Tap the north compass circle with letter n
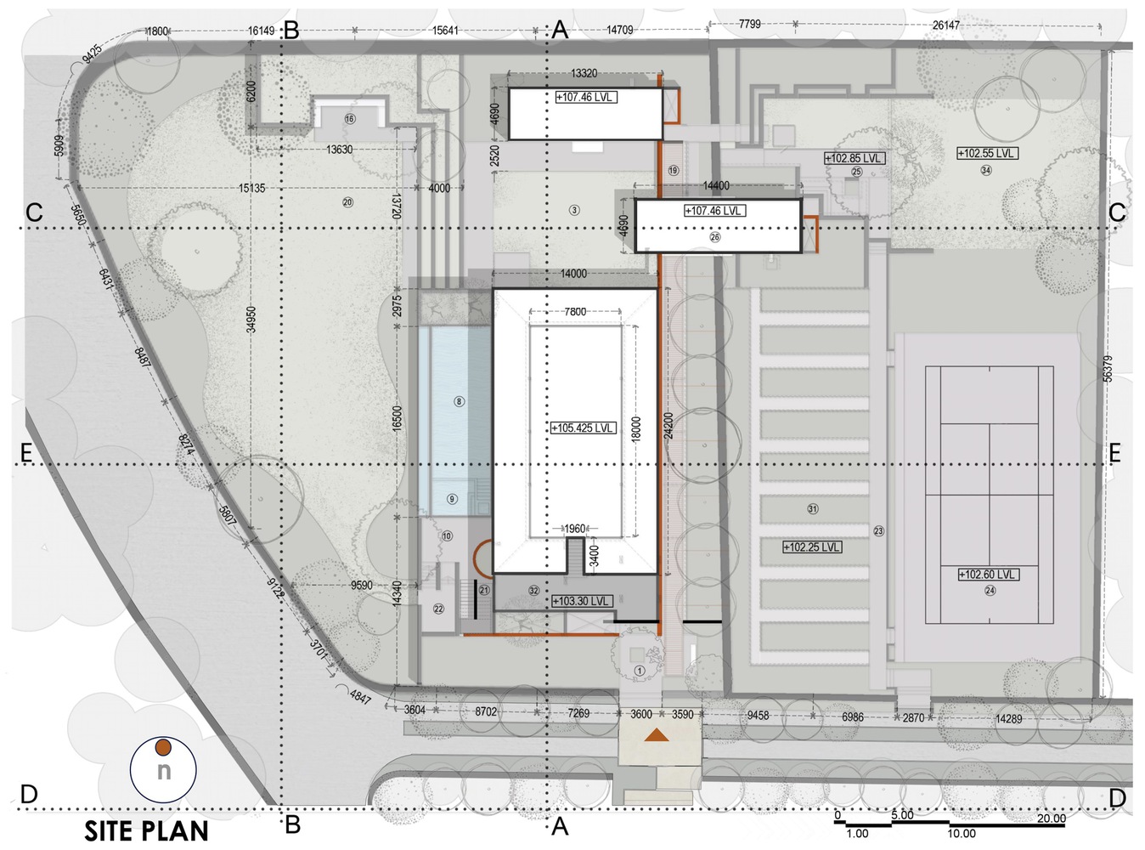click(163, 768)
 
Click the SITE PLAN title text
click(146, 831)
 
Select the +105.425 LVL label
click(583, 428)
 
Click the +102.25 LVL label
click(812, 547)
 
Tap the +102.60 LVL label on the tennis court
click(989, 574)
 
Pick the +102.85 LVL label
click(855, 158)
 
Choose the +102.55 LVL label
click(988, 154)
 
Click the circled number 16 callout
click(349, 119)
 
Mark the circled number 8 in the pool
click(459, 401)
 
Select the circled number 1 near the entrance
click(639, 671)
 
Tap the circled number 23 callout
click(878, 530)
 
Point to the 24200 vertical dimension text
click(668, 425)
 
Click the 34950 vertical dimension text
click(251, 320)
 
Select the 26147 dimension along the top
click(945, 25)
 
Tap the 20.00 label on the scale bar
click(1051, 819)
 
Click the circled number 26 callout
click(715, 237)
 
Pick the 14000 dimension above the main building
click(573, 274)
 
